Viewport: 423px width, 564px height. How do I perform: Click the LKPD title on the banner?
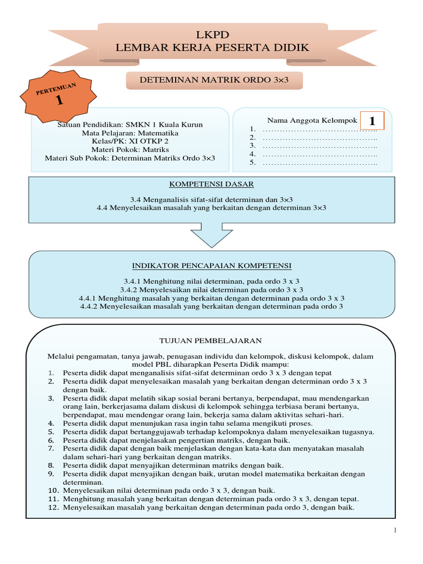(212, 35)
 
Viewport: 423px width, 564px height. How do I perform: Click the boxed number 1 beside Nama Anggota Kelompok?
(372, 121)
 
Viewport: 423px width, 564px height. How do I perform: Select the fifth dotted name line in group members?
(319, 162)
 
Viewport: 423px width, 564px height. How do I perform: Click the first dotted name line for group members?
(319, 130)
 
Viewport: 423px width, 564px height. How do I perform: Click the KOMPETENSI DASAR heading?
(211, 184)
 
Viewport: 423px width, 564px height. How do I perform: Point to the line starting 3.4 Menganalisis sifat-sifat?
(211, 199)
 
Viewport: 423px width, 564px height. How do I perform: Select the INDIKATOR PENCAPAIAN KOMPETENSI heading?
(211, 265)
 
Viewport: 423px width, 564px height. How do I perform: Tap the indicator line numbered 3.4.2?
(211, 289)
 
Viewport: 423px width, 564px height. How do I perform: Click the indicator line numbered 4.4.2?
(211, 306)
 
